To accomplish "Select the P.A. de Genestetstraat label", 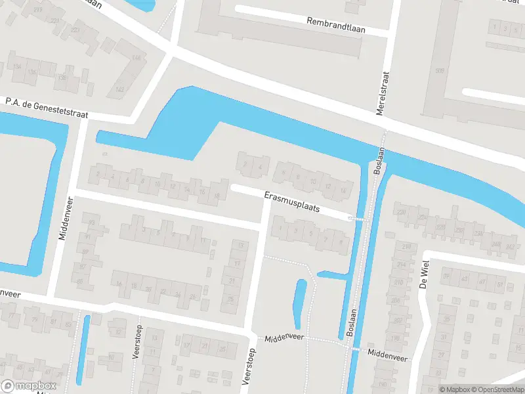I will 47,108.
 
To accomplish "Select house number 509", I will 439,71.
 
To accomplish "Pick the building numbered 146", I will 136,58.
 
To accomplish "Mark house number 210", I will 398,282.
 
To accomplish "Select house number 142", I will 119,90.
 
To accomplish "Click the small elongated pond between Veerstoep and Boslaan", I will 301,303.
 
